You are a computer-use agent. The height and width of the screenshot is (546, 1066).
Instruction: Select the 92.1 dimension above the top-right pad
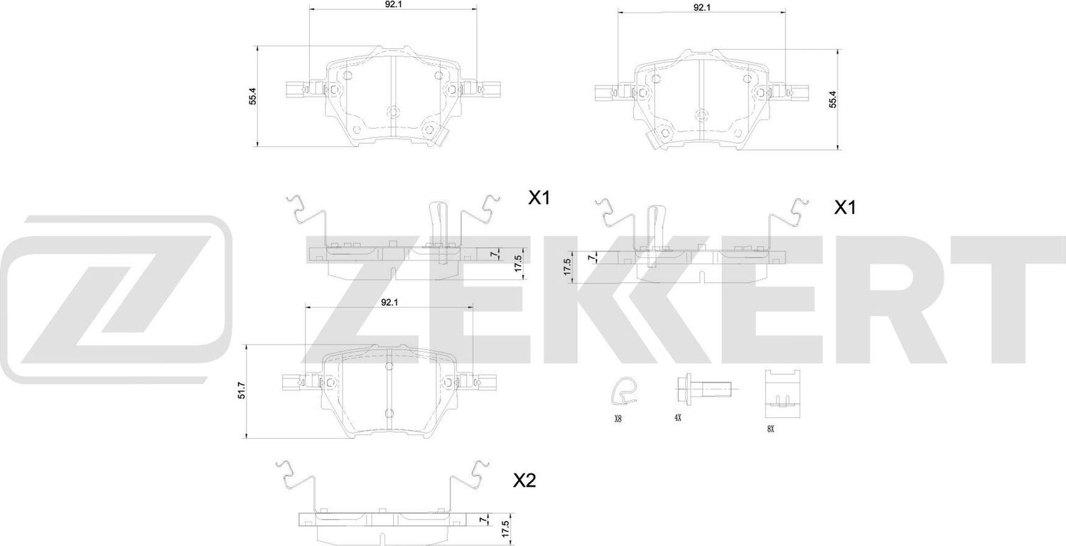point(702,7)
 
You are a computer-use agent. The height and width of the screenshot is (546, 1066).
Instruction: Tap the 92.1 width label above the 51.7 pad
point(388,302)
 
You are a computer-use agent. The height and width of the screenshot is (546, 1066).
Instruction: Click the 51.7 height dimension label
point(242,391)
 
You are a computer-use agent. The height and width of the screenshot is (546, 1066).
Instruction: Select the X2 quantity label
point(524,482)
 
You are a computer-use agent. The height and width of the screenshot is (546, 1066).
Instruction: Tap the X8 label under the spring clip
point(618,419)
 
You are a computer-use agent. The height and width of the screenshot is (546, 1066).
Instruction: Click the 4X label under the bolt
point(678,419)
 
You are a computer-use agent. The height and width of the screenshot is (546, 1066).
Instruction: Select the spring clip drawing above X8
point(623,390)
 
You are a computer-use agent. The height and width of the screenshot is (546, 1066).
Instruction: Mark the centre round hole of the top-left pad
point(393,111)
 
